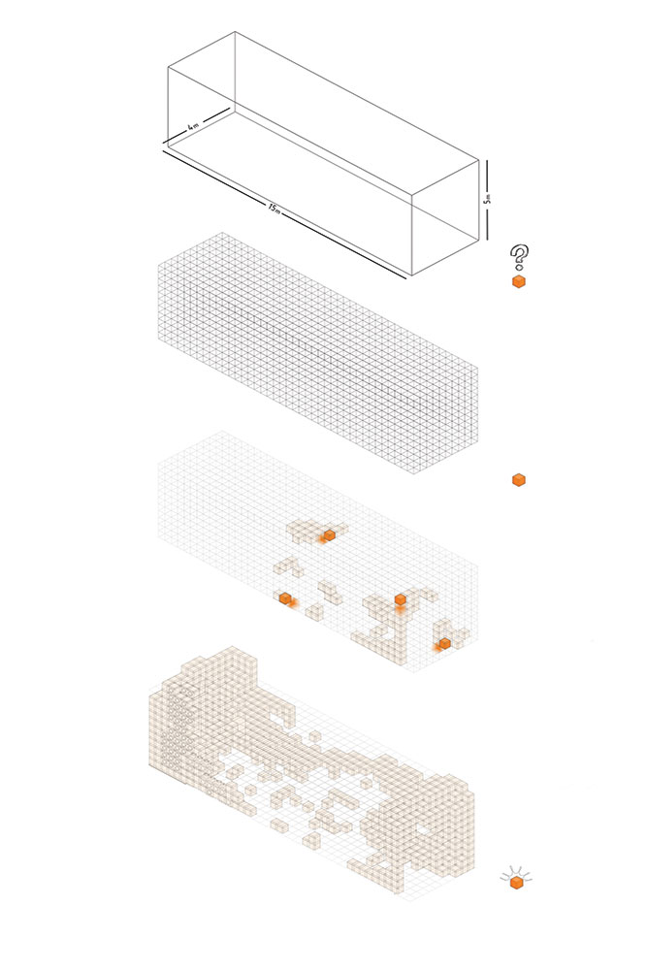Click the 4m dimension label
tap(194, 126)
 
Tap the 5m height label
tap(487, 199)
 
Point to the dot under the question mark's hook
tap(518, 269)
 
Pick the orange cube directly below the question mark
tap(519, 282)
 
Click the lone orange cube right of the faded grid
tap(519, 479)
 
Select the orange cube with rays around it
tap(517, 883)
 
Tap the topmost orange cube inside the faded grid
tap(329, 535)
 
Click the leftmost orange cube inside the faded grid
tap(285, 598)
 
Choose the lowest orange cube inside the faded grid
tap(444, 643)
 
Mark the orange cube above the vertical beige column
tap(401, 599)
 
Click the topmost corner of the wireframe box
tap(235, 32)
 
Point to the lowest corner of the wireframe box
tap(412, 275)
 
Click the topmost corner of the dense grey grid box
tap(223, 233)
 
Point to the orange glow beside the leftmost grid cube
tap(295, 602)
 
